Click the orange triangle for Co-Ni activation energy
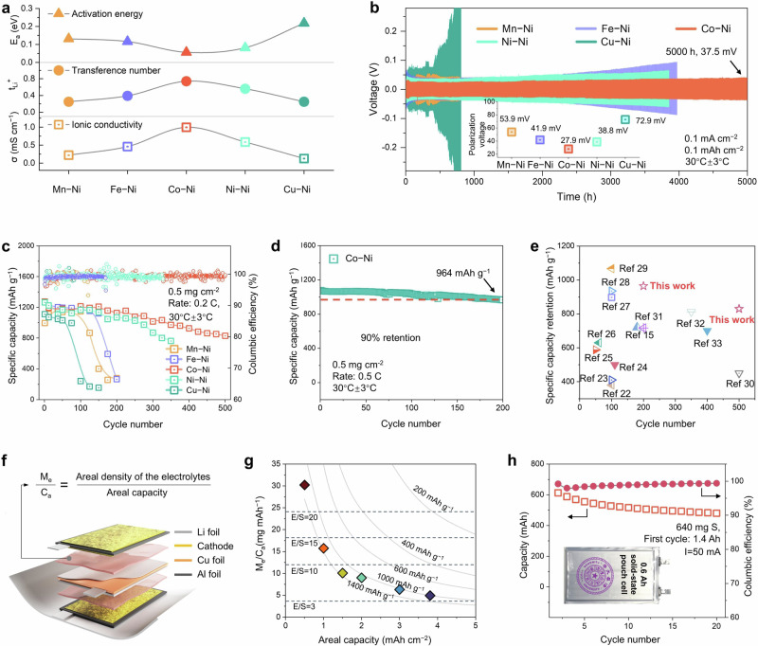tap(187, 50)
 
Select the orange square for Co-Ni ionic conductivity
tap(187, 127)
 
